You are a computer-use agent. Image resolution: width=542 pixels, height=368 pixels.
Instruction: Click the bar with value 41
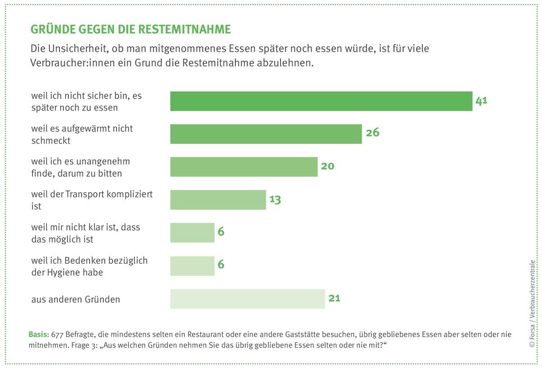click(321, 101)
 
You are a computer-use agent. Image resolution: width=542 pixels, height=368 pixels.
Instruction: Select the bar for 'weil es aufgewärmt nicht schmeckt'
click(266, 134)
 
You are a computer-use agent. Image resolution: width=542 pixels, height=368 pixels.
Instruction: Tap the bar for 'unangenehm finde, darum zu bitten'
click(243, 167)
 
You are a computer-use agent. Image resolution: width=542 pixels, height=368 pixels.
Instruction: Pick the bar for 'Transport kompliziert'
click(218, 200)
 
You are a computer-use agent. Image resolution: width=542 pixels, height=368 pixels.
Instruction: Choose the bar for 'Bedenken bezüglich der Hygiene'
click(192, 266)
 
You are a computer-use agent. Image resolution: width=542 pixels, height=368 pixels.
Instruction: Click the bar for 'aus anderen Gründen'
click(247, 299)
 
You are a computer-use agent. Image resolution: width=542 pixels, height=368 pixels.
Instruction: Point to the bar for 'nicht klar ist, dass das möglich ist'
click(192, 233)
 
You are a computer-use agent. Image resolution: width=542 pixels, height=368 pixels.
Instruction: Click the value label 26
click(372, 133)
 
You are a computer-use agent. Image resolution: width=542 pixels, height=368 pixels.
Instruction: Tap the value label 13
click(275, 199)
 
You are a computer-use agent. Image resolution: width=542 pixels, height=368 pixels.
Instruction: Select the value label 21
click(335, 298)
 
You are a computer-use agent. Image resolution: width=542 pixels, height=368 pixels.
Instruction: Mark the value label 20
click(327, 166)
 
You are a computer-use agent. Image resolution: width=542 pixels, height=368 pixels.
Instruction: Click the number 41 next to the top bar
click(481, 100)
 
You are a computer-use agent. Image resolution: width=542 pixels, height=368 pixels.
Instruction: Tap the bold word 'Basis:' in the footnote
click(38, 335)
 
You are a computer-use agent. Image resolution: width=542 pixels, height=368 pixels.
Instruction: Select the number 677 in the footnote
click(57, 335)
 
